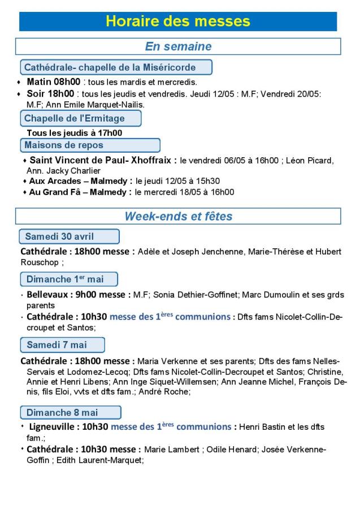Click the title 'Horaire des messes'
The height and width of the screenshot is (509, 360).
tap(178, 21)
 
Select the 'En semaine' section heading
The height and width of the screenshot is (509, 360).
tap(178, 46)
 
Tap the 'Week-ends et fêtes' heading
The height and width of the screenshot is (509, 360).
tap(178, 216)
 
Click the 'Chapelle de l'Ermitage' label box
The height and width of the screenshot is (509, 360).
tap(80, 119)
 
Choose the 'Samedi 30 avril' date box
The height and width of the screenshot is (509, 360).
tap(69, 236)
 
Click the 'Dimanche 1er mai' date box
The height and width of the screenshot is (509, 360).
tap(69, 279)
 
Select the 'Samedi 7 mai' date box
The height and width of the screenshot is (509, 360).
tap(62, 344)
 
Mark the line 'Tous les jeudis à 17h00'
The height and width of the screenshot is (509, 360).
tap(74, 133)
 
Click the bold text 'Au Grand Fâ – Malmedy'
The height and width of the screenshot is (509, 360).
tap(80, 192)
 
